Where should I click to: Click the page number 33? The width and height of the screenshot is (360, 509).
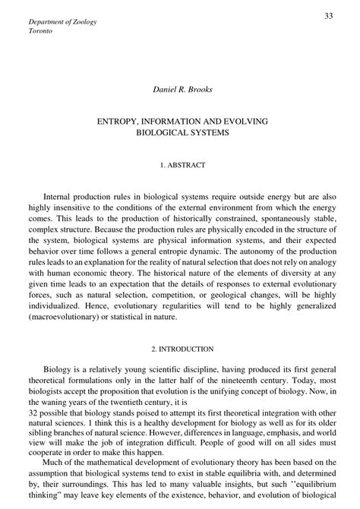click(329, 17)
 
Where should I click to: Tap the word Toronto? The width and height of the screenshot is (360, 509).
click(42, 33)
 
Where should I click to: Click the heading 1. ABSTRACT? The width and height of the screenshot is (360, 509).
click(179, 164)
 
